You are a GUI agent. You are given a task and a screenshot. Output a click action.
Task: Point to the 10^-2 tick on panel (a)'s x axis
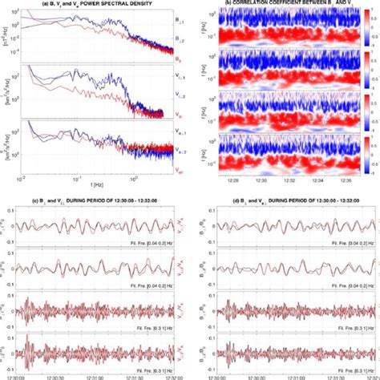click(x=22, y=178)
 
